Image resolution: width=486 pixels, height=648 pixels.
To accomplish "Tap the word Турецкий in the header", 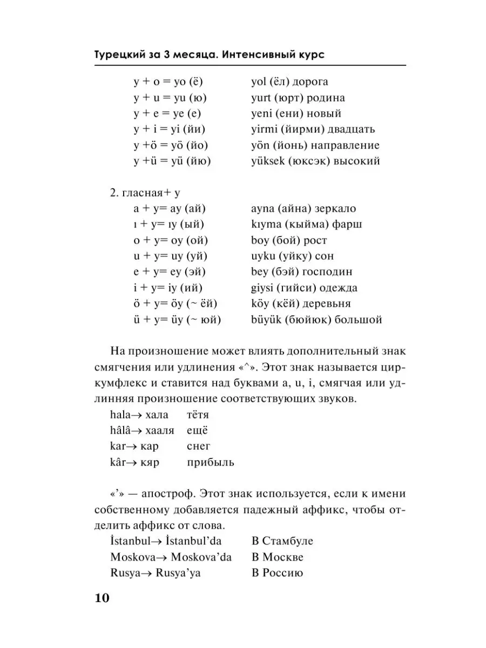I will point(116,55).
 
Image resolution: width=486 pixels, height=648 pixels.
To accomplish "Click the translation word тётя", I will point(198,415).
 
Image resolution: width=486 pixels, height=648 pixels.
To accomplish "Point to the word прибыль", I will point(211,463).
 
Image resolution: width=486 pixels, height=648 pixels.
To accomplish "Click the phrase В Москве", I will point(278,557).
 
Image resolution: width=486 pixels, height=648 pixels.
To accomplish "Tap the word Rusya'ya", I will point(178,573).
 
